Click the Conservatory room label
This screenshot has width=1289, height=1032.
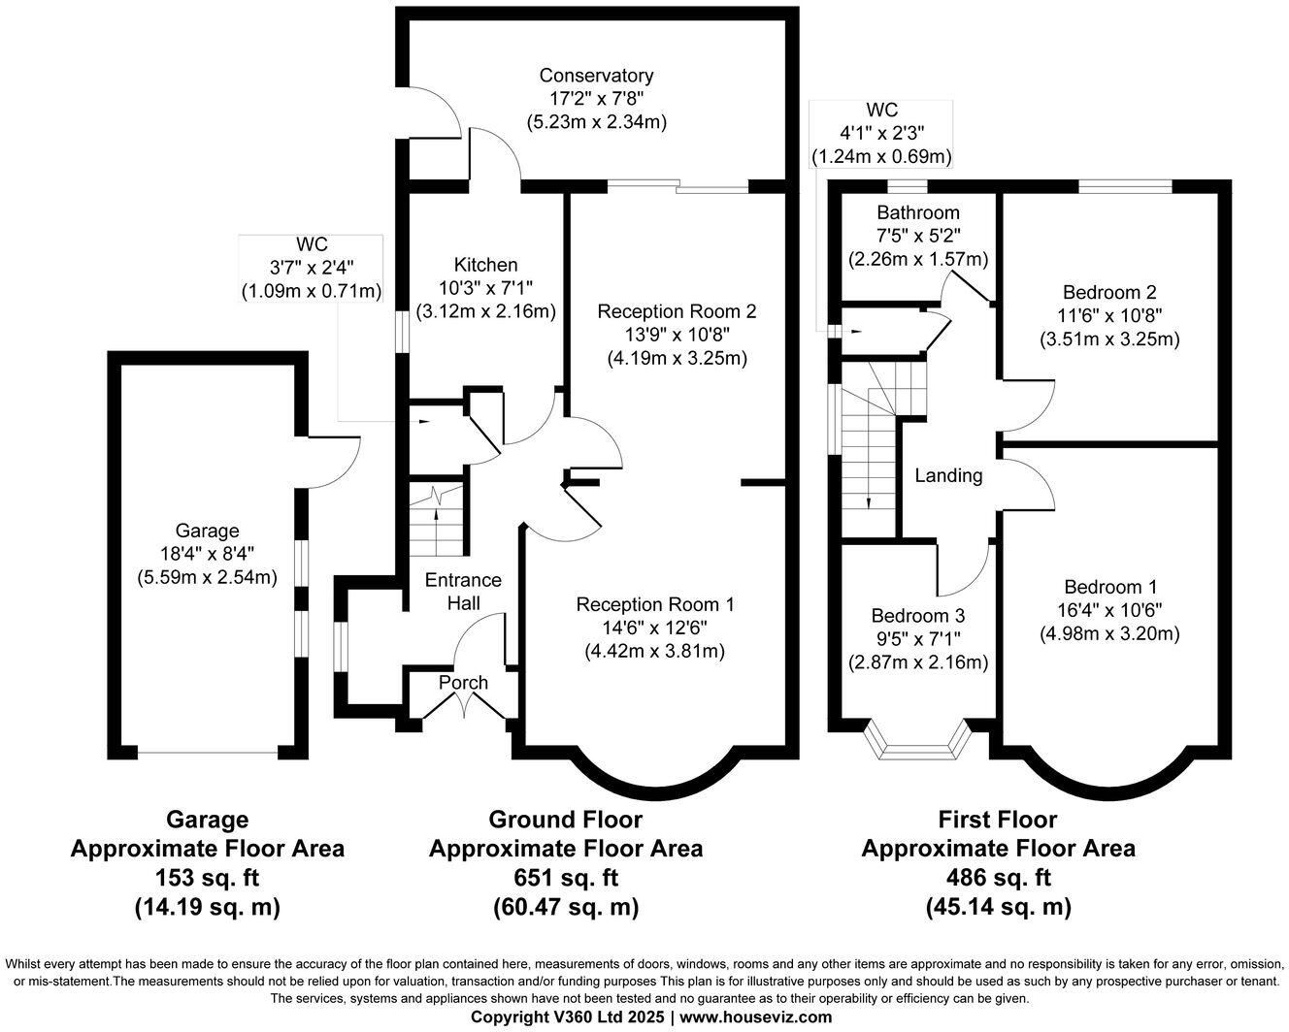pos(596,76)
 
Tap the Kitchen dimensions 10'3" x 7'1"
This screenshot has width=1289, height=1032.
pos(485,288)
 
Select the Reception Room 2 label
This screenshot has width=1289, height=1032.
pos(676,311)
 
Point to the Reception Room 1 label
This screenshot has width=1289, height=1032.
pos(654,604)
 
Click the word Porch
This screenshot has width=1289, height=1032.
pos(463,683)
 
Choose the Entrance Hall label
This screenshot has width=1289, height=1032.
pos(463,591)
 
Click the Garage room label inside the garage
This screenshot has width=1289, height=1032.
pos(207,531)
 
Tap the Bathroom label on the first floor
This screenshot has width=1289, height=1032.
pos(917,212)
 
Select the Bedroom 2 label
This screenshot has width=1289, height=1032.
pos(1108,292)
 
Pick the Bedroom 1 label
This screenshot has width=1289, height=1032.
pos(1109,587)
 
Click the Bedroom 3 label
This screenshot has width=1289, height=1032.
pos(917,616)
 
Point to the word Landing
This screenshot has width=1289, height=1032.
pos(948,475)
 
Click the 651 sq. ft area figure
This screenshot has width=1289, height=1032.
pos(566,878)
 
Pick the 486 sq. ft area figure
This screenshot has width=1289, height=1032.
pos(998,878)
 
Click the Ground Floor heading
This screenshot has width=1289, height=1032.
pos(566,820)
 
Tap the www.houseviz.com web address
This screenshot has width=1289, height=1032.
pos(756,1016)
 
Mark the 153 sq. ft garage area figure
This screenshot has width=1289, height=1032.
pos(207,878)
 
